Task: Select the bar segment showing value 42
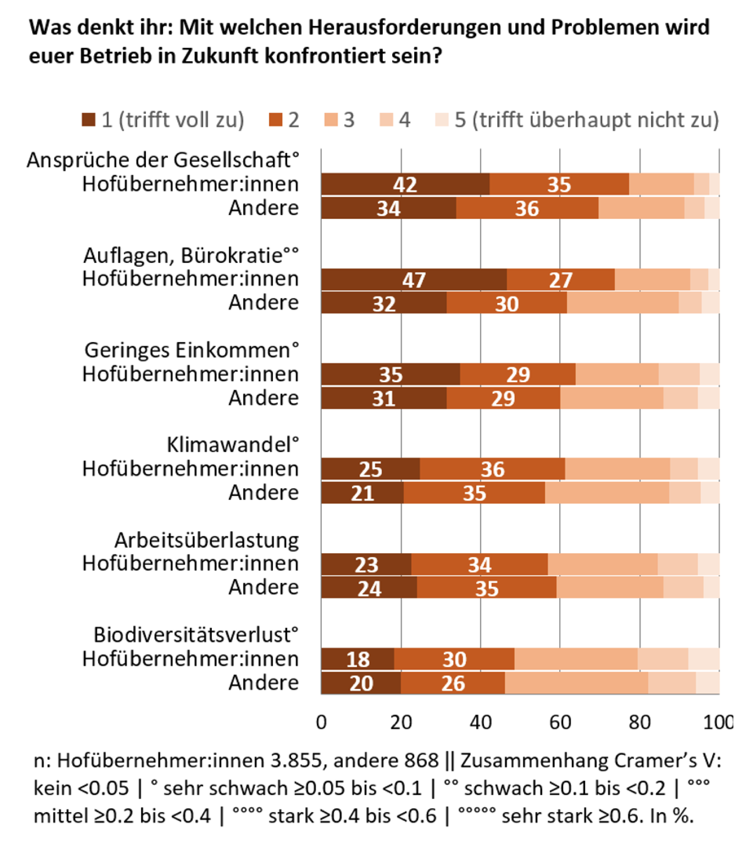coord(406,184)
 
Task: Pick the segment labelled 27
coord(561,280)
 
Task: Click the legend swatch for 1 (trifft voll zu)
coord(88,120)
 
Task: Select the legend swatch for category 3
coord(331,120)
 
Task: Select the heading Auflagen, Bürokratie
coord(191,255)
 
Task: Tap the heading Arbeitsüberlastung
coord(207,540)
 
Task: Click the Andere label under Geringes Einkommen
coord(264,398)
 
